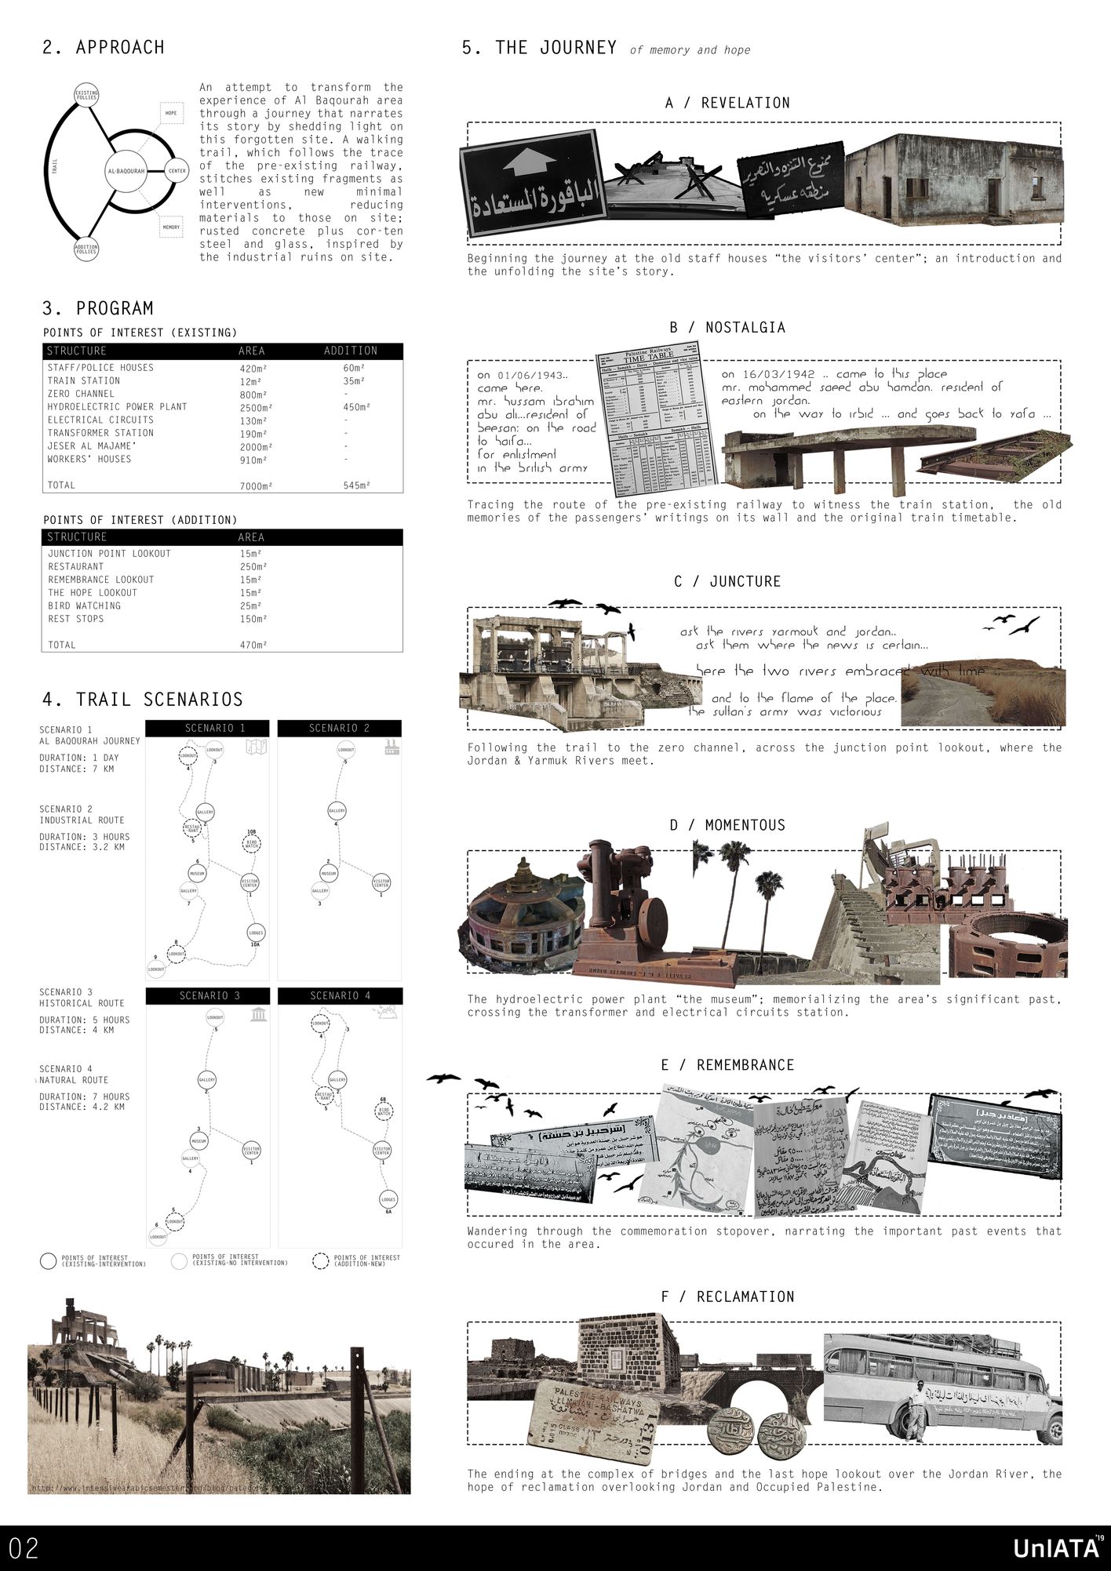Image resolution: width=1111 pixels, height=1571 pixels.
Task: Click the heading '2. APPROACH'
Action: tap(104, 48)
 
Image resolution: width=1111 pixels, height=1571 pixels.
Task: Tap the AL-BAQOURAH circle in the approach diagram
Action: tap(126, 169)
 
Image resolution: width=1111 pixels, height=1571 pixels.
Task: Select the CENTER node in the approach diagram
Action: tap(177, 169)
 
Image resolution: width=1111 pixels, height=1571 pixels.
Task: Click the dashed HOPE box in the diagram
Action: tap(171, 114)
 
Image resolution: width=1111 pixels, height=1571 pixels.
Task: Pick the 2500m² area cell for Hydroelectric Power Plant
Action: tap(256, 407)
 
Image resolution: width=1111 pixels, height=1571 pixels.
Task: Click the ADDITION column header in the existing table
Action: tap(351, 351)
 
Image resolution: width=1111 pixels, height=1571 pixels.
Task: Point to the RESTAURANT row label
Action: tap(75, 566)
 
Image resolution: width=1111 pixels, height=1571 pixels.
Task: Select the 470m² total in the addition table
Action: tap(253, 645)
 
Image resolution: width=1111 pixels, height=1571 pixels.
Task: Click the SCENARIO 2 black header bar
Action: tap(339, 728)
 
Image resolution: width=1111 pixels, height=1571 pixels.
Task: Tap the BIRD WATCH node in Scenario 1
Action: tap(251, 844)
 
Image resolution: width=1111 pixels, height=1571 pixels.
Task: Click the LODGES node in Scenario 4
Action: tap(388, 1200)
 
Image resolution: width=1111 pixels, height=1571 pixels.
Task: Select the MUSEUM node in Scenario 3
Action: tap(199, 1140)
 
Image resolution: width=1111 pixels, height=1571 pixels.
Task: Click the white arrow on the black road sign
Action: tap(526, 163)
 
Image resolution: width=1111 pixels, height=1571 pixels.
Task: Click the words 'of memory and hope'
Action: tap(690, 50)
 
